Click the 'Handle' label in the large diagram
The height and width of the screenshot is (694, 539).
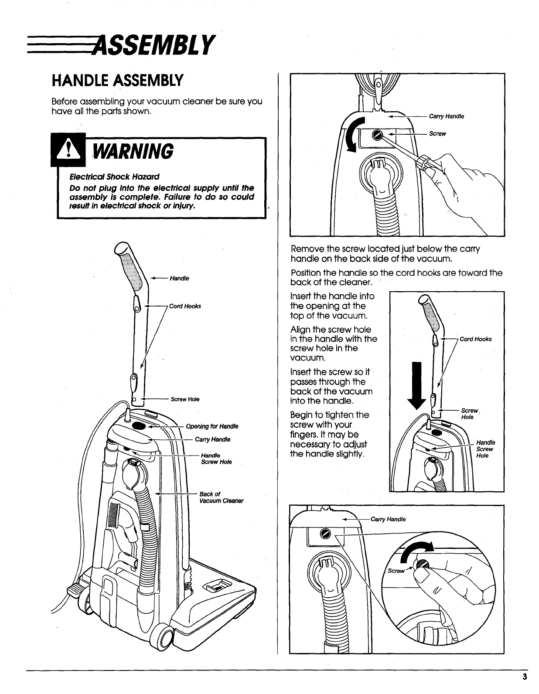(179, 279)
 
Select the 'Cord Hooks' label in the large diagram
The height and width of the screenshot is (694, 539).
(185, 306)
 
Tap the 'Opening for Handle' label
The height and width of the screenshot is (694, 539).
(212, 426)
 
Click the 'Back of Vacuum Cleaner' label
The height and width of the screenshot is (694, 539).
(221, 497)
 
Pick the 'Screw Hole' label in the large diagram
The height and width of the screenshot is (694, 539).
(185, 399)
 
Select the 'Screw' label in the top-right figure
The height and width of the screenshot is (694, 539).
(437, 134)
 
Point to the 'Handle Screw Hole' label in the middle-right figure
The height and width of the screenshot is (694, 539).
(485, 449)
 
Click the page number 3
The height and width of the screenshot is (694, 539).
(525, 677)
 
